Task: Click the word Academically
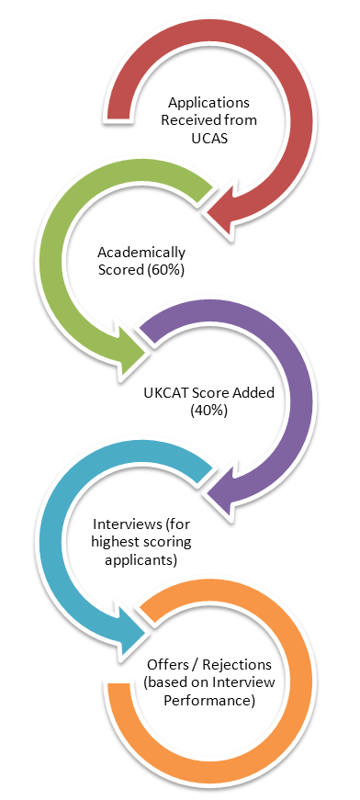click(x=141, y=252)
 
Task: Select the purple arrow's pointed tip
click(x=208, y=501)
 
